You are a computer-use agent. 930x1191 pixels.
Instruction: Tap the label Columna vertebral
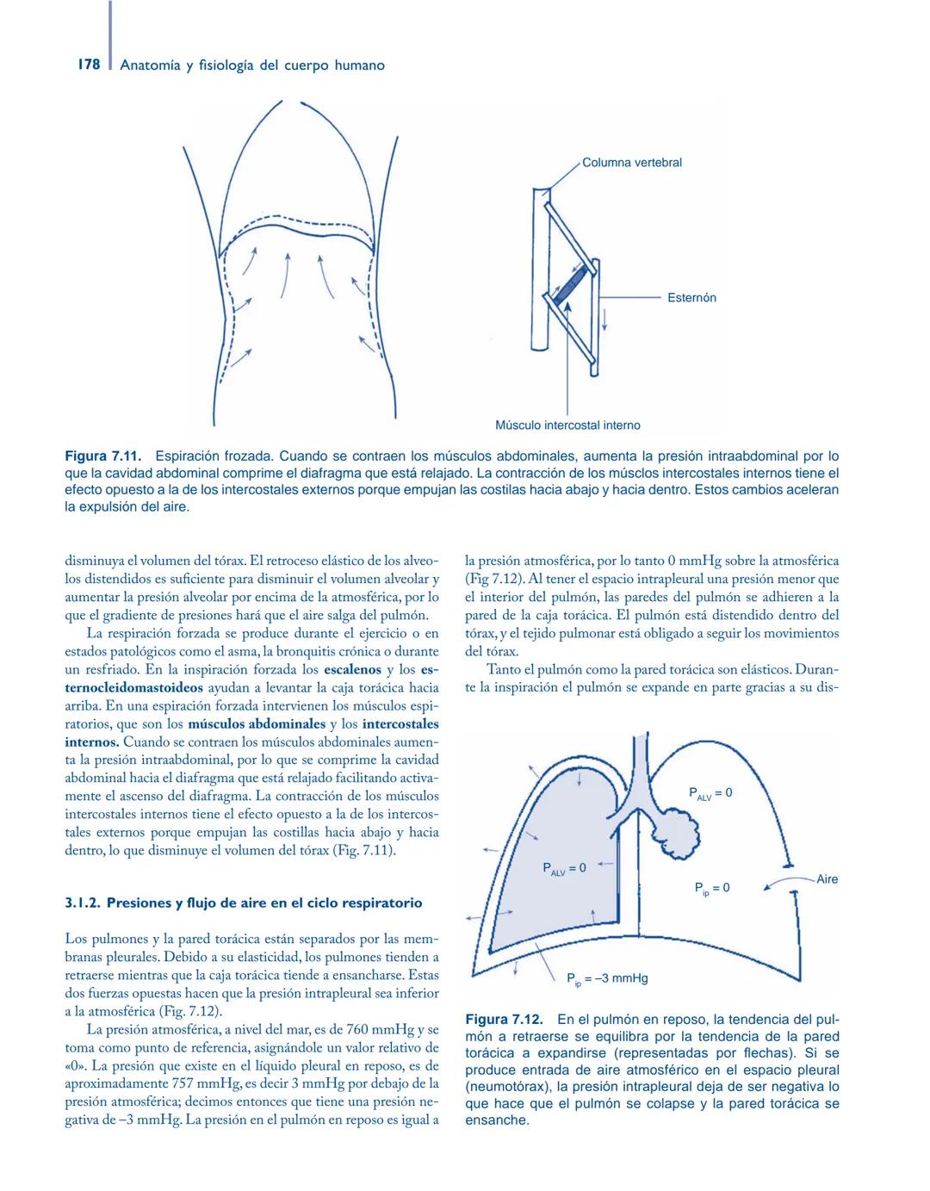[x=631, y=162]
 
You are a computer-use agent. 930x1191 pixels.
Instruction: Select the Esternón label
[x=691, y=297]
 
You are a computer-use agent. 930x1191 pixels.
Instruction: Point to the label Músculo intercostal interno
[x=567, y=425]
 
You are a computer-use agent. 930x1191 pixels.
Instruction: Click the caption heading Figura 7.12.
[x=503, y=1019]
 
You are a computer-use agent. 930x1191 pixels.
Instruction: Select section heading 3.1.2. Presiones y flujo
[x=244, y=903]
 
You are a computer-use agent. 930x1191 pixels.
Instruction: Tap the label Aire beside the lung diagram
[x=827, y=879]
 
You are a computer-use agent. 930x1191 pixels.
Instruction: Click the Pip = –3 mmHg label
[x=607, y=978]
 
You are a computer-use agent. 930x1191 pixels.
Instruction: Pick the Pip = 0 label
[x=712, y=888]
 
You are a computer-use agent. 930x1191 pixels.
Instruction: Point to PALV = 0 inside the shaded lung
[x=564, y=868]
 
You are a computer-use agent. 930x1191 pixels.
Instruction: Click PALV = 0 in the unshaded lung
[x=710, y=793]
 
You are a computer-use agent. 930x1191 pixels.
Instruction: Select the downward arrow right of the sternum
[x=604, y=319]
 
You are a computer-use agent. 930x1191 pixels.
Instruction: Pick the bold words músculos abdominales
[x=256, y=723]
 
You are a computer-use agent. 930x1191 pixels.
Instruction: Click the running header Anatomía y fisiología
[x=252, y=65]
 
